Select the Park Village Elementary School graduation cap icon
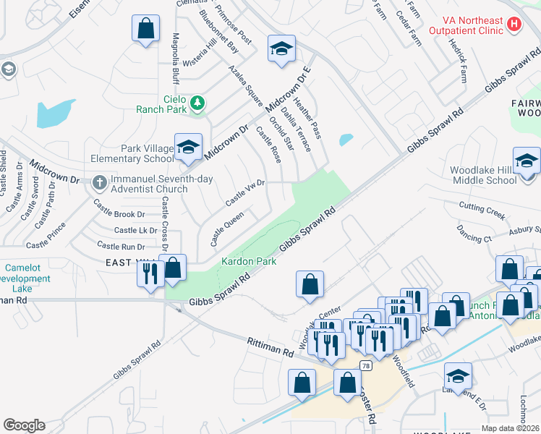(188, 147)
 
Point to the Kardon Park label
(249, 262)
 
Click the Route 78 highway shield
(367, 366)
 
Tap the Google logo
(24, 425)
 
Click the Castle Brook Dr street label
(119, 214)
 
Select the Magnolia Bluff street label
(174, 58)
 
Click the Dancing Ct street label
(474, 233)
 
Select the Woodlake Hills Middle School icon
(527, 161)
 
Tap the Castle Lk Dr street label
(135, 231)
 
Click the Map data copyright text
(511, 428)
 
